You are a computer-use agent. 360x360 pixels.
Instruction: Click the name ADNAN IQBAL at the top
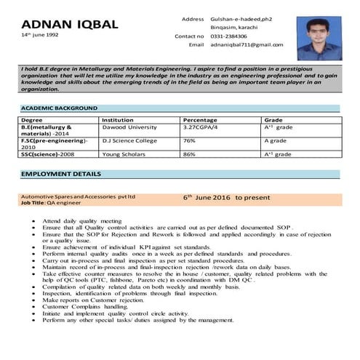tap(70, 24)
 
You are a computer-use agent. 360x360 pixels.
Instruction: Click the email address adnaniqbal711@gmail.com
tap(247, 45)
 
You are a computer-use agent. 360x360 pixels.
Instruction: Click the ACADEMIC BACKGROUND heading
tap(60, 108)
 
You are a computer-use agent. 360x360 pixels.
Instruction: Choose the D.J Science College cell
tap(130, 140)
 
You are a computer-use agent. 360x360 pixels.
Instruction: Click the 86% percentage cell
tap(189, 154)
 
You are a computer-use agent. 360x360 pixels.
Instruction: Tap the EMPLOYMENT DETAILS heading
tap(60, 175)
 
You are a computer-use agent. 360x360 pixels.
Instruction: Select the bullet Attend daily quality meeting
tap(81, 219)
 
